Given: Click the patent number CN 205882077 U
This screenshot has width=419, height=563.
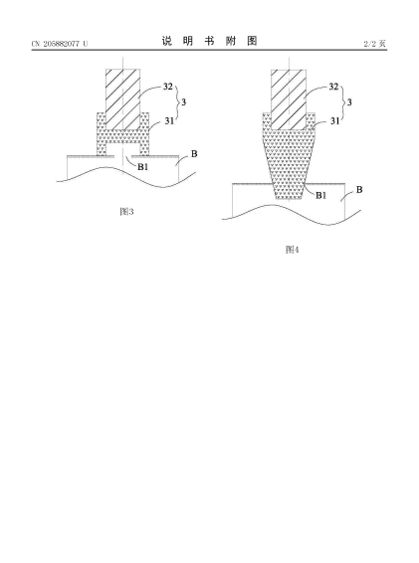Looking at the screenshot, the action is coord(60,44).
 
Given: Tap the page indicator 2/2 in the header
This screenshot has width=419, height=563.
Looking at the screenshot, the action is coord(370,44).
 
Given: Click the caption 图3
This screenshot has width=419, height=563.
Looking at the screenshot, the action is coord(126,212).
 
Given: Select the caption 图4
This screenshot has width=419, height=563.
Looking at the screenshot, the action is coord(292,250).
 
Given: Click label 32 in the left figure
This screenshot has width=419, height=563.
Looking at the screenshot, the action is coord(168,87).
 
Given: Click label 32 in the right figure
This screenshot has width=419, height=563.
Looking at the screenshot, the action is coord(333,87).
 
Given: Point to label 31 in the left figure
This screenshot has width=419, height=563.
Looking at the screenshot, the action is coord(169,121).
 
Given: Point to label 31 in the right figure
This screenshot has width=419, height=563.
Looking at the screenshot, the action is coord(335,121).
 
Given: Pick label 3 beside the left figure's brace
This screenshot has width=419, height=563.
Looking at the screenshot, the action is coord(184,102).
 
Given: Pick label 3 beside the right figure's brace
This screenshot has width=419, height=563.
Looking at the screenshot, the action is coord(349,102).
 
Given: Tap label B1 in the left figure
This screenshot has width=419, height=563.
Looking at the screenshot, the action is coord(143,166).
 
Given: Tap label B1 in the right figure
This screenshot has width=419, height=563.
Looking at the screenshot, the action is coord(320,195).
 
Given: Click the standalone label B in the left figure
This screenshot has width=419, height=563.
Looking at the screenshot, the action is coord(194,154).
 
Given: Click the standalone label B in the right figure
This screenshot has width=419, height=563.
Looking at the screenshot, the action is coord(359,190).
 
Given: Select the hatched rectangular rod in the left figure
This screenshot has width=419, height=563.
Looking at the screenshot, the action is coord(122,99).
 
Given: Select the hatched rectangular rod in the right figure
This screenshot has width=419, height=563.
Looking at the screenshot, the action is coord(289,99).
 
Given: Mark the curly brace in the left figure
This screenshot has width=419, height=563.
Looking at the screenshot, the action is coord(176,102).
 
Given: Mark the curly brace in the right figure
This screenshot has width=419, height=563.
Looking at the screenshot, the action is coord(341,102).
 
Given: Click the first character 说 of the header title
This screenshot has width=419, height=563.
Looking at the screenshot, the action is coord(167,41).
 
